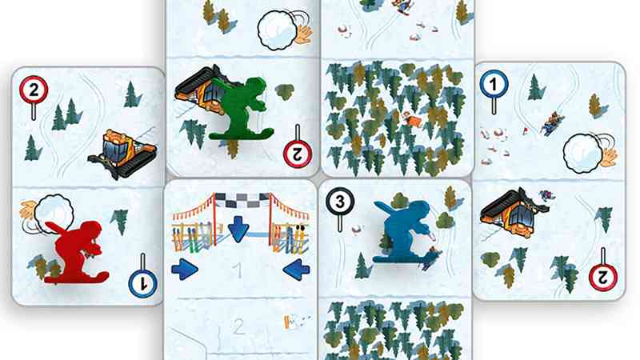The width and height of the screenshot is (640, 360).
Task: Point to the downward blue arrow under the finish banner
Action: [x=238, y=230]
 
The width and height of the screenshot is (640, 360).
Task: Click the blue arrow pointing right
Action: [x=185, y=270]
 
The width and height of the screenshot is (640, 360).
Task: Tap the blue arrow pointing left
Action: [x=296, y=270]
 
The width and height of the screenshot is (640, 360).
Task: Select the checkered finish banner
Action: [x=242, y=200]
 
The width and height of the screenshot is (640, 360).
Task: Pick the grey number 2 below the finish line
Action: [x=238, y=326]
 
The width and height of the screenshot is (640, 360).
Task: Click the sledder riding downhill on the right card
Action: [x=553, y=122]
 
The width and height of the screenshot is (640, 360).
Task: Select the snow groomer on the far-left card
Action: [x=122, y=153]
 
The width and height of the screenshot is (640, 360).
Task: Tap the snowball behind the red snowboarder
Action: [x=53, y=214]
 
